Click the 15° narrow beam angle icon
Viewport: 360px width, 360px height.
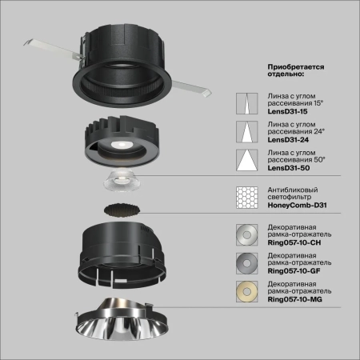246,104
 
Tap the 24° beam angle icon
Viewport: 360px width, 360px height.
246,133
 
